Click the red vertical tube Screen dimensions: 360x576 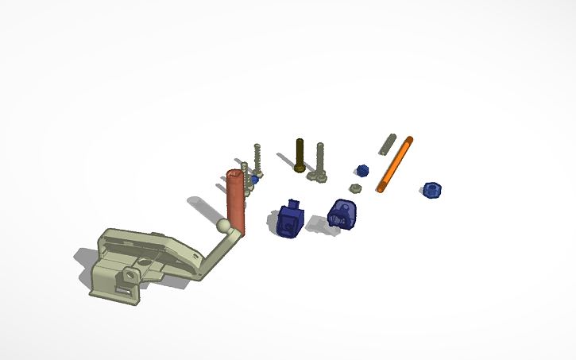(x=236, y=203)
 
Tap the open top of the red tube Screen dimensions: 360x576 (x=235, y=173)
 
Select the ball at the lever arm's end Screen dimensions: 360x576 (x=226, y=226)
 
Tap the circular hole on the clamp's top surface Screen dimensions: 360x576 (x=145, y=261)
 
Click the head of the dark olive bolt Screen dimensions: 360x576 (x=299, y=168)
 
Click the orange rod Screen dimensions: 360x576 (x=396, y=163)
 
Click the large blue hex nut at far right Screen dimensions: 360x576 (x=432, y=190)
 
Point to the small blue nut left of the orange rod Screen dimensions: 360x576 (x=362, y=169)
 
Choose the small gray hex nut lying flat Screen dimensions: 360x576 (x=356, y=188)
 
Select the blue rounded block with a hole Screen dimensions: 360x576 (x=342, y=212)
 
